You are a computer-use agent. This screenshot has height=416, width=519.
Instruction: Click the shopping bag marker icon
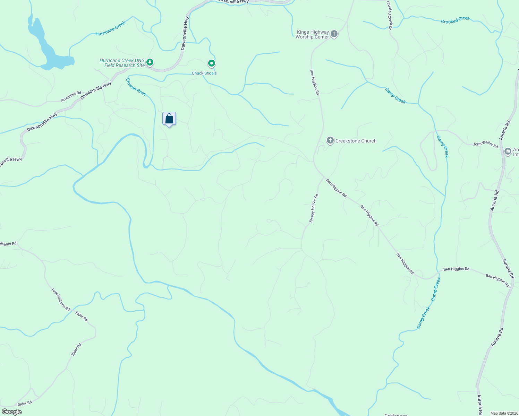169,119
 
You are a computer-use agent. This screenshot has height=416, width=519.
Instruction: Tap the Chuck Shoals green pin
211,63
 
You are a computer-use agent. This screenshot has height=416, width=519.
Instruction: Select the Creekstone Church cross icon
330,141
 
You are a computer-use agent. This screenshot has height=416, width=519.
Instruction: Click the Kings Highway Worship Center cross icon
334,34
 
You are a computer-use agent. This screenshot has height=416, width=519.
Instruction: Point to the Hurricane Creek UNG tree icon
150,62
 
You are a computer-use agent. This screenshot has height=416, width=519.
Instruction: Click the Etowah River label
136,87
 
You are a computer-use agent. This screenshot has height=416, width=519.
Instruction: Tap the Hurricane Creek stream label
110,28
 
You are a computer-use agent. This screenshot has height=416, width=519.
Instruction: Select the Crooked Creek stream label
455,20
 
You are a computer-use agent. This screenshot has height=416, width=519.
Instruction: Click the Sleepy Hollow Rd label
314,208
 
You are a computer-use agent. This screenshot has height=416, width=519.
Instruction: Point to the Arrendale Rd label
71,96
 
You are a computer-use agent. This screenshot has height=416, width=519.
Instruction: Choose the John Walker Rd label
485,144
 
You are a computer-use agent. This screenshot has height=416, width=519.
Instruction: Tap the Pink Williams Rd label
61,299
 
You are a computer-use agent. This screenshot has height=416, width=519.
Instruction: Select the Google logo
12,412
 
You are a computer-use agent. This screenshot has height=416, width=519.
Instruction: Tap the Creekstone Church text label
356,141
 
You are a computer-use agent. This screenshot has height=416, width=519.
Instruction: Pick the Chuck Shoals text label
204,73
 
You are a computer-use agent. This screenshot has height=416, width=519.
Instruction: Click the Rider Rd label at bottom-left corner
25,404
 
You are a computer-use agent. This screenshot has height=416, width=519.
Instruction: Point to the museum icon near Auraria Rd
508,151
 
